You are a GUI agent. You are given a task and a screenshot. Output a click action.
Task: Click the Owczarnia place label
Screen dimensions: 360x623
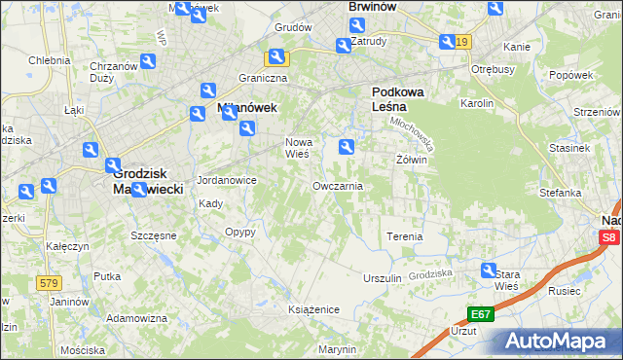338,186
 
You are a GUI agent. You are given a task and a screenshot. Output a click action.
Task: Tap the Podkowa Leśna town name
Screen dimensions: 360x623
398,101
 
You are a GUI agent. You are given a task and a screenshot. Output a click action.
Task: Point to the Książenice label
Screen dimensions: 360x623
312,308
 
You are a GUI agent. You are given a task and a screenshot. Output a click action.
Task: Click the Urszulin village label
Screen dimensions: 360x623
382,278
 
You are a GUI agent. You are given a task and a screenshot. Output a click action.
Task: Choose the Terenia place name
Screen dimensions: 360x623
404,236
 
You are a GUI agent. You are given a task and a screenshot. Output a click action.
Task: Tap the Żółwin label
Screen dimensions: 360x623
412,159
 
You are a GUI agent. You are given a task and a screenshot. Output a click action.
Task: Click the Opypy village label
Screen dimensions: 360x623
239,232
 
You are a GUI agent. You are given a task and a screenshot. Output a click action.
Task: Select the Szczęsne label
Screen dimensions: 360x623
153,235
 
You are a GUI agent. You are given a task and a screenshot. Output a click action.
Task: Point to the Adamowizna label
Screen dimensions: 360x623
137,318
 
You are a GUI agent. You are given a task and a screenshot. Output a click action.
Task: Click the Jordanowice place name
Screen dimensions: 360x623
227,180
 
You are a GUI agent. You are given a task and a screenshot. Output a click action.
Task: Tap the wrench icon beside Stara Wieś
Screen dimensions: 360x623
489,271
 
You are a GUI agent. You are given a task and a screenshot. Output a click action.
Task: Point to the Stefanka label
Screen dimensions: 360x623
561,193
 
